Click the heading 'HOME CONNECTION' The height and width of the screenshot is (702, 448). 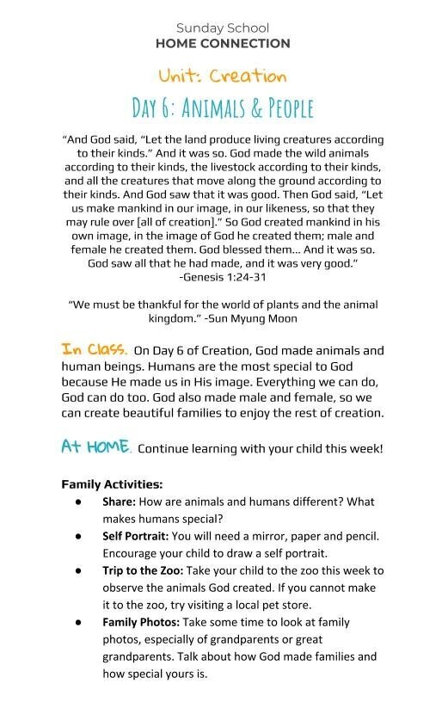coord(223,43)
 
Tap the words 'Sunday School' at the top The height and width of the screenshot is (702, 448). coord(223,28)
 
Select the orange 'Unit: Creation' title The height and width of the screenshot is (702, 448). coord(223,76)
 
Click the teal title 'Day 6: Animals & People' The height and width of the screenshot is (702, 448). coord(223,108)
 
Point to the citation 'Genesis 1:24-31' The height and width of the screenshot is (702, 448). coord(225,277)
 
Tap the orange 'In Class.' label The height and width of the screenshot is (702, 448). coord(95,349)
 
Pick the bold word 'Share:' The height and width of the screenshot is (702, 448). coord(119,502)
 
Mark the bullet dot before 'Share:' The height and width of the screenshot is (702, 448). coord(78,502)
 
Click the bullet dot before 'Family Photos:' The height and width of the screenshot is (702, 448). coord(78,622)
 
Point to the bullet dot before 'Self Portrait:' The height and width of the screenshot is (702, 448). coord(78,536)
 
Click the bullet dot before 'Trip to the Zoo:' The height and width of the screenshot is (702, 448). coord(78,570)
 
